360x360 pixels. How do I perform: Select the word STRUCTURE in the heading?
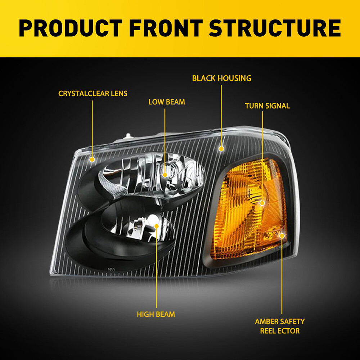[274, 29]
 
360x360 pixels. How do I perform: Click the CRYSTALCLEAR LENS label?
[93, 94]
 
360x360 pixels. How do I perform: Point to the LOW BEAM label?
[167, 102]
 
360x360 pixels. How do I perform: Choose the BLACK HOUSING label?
[222, 78]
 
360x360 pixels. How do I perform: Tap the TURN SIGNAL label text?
[267, 106]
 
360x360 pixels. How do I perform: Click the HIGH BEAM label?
[156, 314]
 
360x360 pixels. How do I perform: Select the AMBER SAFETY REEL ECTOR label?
[280, 326]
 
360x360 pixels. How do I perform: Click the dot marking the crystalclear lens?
[92, 159]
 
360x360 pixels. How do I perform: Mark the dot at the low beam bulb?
[165, 175]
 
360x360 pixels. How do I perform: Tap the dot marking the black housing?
[221, 148]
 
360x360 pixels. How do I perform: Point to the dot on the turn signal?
[262, 203]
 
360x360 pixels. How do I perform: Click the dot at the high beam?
[157, 226]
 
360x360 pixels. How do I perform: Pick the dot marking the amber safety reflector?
[282, 235]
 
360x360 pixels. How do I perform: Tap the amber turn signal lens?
[248, 209]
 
